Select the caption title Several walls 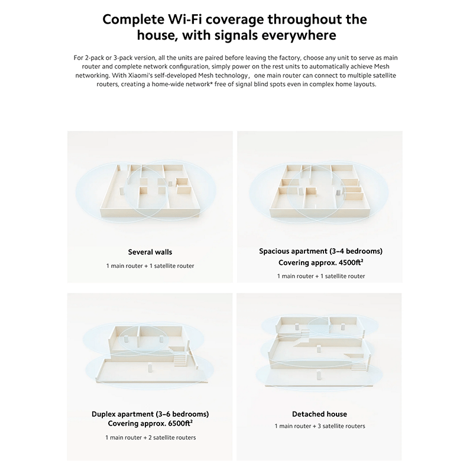click(150, 252)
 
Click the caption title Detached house click(319, 414)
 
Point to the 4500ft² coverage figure click(351, 263)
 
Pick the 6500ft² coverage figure click(180, 423)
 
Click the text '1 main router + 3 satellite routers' click(320, 426)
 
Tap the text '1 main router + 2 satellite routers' click(151, 438)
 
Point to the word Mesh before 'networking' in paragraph click(381, 66)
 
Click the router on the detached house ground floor click(319, 375)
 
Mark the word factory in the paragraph click(290, 57)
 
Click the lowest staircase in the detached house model click(358, 366)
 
